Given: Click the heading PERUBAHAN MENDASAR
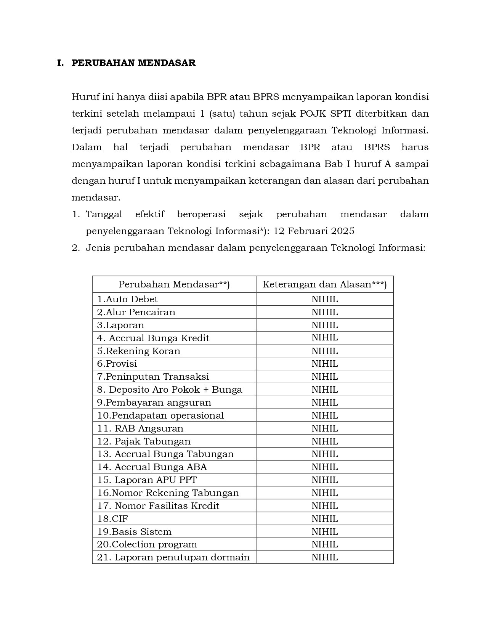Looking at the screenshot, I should click(x=133, y=63).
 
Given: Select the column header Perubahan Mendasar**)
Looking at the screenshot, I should click(x=174, y=284).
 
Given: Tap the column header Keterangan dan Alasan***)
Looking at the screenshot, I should click(x=324, y=284).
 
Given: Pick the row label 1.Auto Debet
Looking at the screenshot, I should click(x=127, y=299).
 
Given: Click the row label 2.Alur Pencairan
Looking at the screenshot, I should click(x=136, y=312).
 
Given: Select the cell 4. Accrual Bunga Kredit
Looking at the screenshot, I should click(x=153, y=338).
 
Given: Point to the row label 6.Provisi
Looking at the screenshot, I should click(x=117, y=364).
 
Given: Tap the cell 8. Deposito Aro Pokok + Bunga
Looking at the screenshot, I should click(x=170, y=390).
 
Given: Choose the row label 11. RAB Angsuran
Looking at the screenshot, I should click(x=140, y=428).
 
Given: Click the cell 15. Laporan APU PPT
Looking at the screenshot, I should click(x=147, y=480).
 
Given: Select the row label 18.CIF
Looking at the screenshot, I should click(x=113, y=519).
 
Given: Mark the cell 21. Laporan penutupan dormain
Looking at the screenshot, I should click(x=173, y=557).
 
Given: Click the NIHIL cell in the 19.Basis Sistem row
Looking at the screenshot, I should click(x=324, y=532).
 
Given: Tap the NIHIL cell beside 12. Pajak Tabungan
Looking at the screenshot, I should click(x=324, y=441).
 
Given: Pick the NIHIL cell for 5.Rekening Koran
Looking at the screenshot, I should click(x=324, y=351).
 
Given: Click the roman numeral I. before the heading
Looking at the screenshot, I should click(x=60, y=63).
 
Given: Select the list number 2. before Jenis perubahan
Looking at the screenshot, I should click(x=76, y=248).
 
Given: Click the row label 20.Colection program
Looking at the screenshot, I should click(x=147, y=544).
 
